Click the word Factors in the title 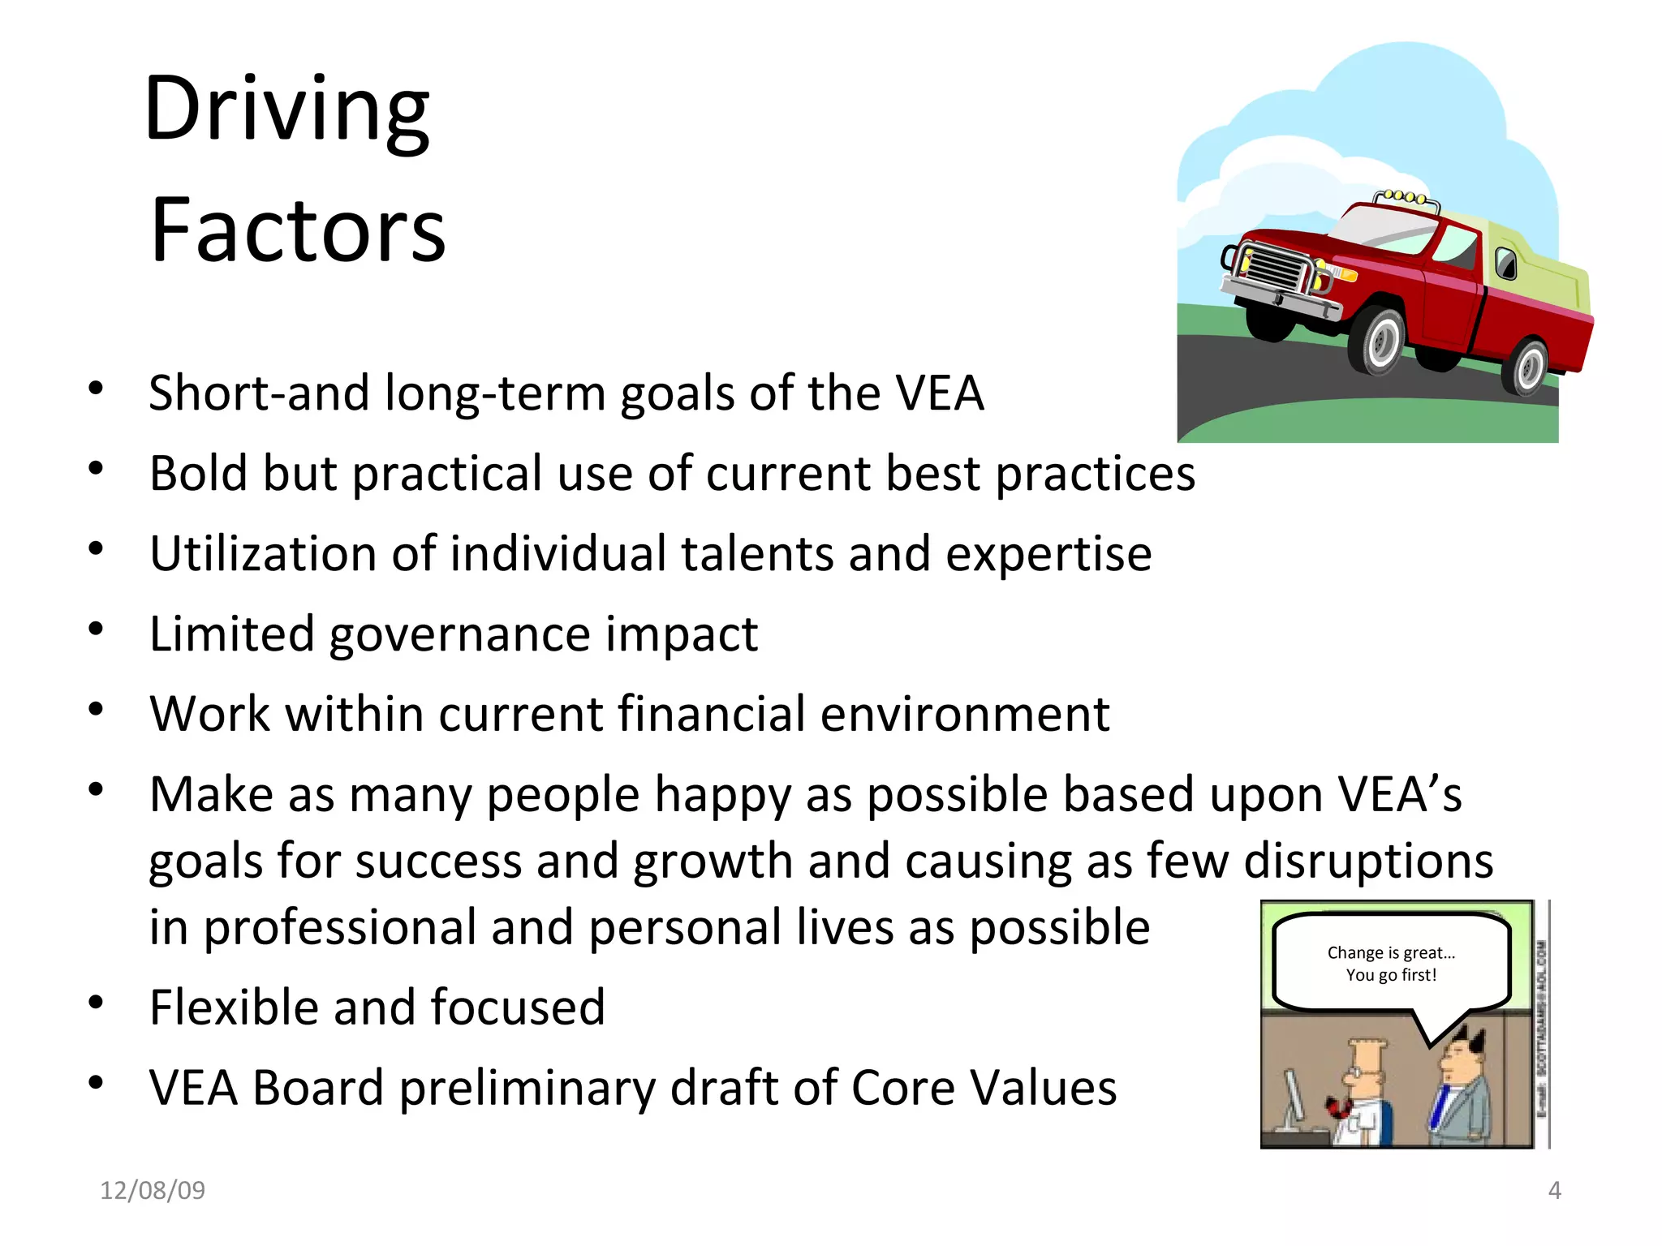298,231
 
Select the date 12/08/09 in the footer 152,1190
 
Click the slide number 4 1554,1190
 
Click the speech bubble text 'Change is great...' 1391,953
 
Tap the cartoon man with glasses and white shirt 1363,1095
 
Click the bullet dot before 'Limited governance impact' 97,629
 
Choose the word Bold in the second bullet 197,473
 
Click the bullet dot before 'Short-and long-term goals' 97,388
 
